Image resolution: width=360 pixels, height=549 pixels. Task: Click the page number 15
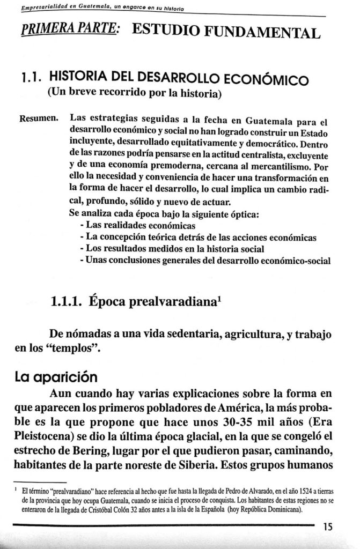point(328,527)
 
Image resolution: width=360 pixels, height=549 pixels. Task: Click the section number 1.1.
point(29,79)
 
